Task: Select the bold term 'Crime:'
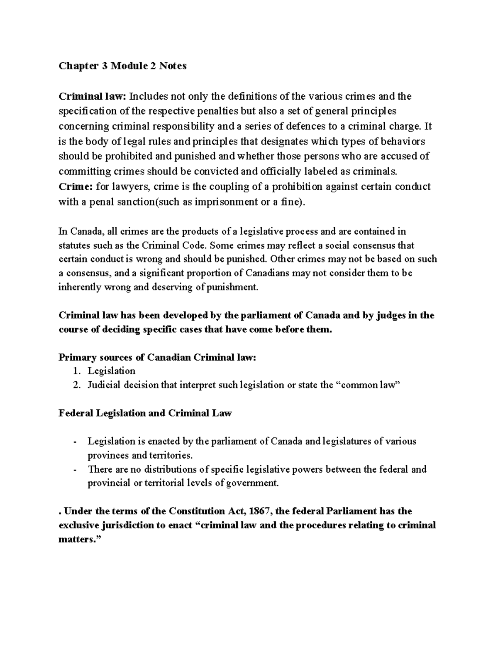point(76,186)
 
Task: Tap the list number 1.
point(76,371)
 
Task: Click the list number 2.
point(76,385)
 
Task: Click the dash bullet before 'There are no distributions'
point(75,470)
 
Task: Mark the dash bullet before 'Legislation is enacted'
point(75,441)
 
